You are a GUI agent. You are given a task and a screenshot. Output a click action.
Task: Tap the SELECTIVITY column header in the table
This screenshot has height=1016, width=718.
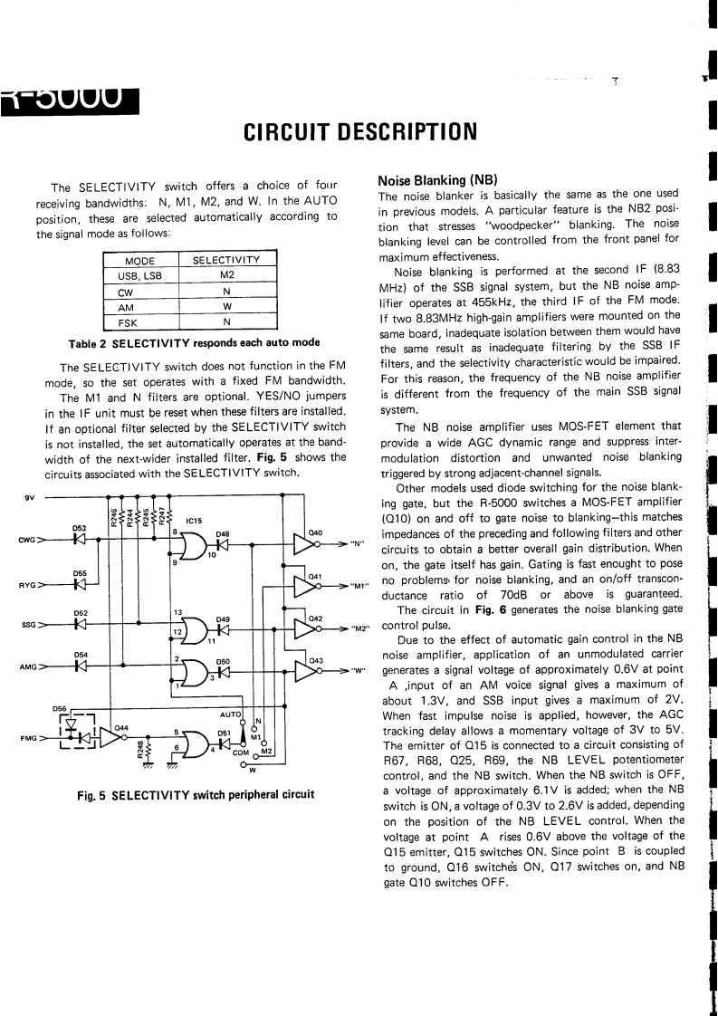pos(226,261)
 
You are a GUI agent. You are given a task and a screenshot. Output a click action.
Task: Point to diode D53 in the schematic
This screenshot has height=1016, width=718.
pos(80,542)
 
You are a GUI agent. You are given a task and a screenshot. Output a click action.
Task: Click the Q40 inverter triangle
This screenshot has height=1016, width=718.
pos(304,542)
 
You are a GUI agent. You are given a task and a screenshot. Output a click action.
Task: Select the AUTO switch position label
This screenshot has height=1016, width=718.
pos(231,714)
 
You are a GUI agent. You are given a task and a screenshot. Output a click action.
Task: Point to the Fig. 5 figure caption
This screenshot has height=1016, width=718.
pos(195,795)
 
